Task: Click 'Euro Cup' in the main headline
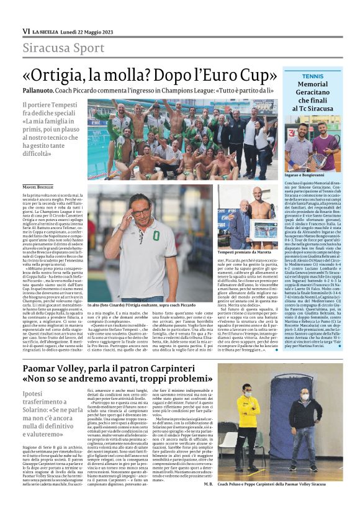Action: (x=236, y=75)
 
